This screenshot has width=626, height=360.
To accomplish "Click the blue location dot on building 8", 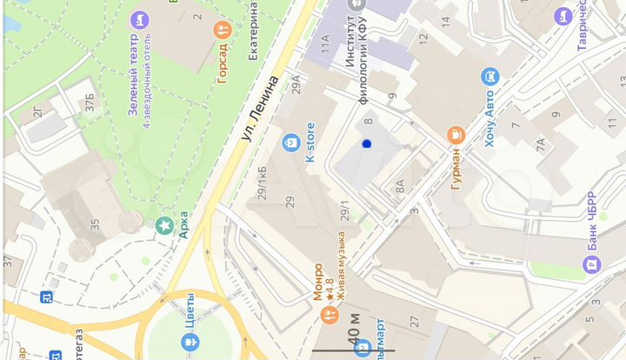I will [367, 143].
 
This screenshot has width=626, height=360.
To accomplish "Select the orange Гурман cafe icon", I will [454, 134].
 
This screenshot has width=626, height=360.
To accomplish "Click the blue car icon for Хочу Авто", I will [489, 77].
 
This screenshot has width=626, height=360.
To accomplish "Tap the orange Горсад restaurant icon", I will [222, 30].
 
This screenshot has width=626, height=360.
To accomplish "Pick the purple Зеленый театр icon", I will [138, 19].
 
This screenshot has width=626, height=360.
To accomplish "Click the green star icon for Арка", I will [163, 226].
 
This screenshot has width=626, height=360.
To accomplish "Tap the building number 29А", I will [296, 83].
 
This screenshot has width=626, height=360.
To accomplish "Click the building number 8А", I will [400, 185].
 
